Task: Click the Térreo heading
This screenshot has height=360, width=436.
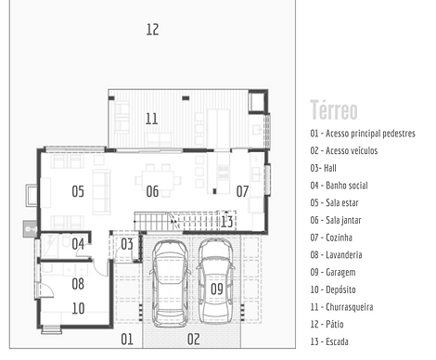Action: pos(334,109)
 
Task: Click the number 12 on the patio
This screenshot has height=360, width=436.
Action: pos(152,30)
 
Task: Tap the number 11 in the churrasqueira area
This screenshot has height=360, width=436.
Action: pos(152,118)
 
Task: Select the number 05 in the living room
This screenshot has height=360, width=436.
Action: pos(78,192)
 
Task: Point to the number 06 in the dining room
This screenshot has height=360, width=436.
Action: pos(152,192)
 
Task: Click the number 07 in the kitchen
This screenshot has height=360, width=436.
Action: pos(242,192)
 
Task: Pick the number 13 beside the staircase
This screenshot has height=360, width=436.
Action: pos(226,221)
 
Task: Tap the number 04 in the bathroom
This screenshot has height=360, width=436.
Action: pos(79,244)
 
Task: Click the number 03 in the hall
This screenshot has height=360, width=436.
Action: pos(127,243)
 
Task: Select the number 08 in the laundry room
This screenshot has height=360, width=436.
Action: pos(78,284)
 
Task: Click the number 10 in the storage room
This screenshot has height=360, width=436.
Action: pos(78,308)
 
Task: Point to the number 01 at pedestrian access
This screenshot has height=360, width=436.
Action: pos(127,340)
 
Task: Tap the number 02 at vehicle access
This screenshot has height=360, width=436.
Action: pos(193,340)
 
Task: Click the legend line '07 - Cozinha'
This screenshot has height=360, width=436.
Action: pos(338,237)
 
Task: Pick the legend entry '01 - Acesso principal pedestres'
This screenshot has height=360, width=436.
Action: pos(363,134)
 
